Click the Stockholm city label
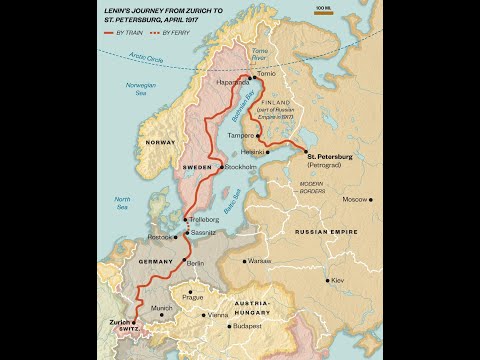coord(241,167)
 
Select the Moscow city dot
coord(371,199)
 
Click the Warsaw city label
coord(259,261)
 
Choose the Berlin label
coord(195,263)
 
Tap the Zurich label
coord(118,323)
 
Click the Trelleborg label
coord(204,219)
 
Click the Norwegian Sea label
coord(142,88)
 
